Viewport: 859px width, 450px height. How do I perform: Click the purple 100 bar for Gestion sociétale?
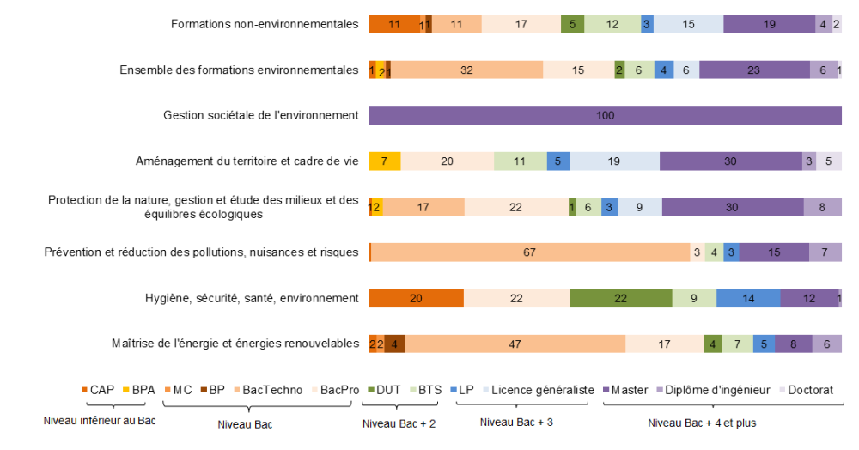605,115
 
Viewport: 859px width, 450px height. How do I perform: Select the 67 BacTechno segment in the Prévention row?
529,252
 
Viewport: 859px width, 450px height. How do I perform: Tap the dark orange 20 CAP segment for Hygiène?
416,298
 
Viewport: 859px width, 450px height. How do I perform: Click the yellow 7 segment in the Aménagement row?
384,161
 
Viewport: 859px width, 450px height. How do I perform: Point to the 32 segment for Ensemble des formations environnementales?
466,70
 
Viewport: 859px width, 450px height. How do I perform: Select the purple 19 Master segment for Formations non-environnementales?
769,24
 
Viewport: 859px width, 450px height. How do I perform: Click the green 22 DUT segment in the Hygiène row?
620,298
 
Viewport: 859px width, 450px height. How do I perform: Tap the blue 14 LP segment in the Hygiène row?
748,298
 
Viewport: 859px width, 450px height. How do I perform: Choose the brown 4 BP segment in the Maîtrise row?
394,344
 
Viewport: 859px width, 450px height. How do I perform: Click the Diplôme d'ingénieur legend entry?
701,390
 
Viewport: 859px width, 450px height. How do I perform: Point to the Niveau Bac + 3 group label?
515,423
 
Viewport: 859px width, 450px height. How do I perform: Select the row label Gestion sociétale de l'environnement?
260,115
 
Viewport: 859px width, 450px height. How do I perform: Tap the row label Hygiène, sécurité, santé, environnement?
251,298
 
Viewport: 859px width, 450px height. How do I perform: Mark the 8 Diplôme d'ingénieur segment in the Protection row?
822,206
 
